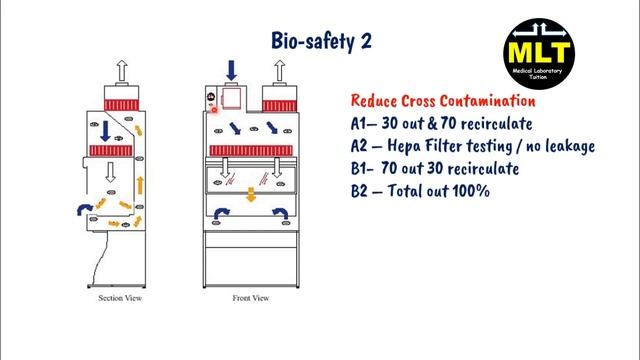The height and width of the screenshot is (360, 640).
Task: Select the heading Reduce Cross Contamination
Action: pos(442,102)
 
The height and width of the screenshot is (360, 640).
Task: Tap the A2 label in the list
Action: pos(362,147)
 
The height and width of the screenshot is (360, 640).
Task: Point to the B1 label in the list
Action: pos(361,169)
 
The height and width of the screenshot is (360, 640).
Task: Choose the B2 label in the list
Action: pos(362,191)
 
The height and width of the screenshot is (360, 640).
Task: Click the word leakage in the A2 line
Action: pos(566,147)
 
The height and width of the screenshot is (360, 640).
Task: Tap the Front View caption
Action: pos(250,299)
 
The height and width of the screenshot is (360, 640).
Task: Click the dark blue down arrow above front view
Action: pos(232,69)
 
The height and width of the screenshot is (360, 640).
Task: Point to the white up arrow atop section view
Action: pos(122,70)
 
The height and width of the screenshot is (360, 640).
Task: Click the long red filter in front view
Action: pos(251,149)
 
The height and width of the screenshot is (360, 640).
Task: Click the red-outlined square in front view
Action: pos(233,98)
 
